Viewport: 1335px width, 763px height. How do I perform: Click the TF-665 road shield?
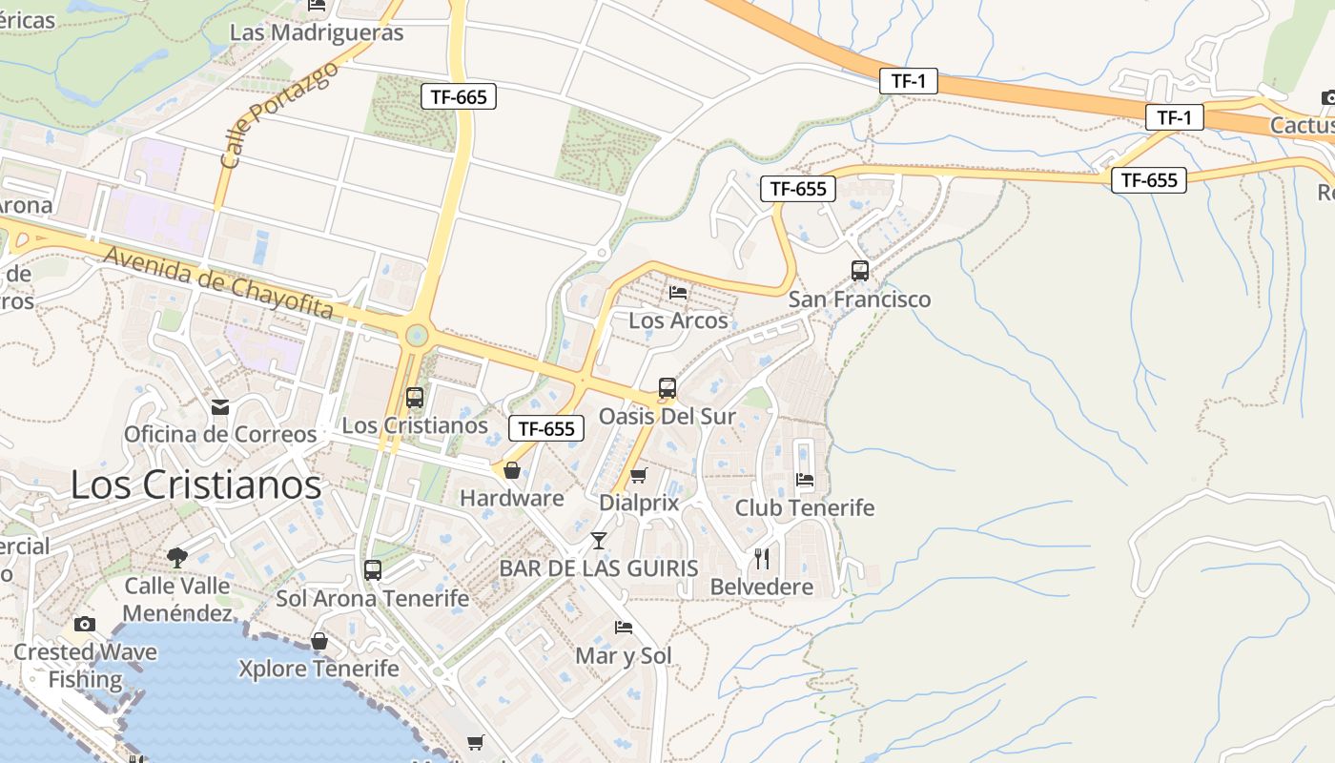click(459, 96)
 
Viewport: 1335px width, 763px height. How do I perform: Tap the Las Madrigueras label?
click(317, 32)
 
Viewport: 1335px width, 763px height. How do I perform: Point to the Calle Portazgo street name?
click(278, 116)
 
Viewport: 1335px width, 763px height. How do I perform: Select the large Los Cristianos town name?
click(195, 485)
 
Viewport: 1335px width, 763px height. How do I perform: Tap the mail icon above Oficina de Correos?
click(220, 408)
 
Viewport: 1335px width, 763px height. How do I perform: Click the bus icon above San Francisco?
click(859, 271)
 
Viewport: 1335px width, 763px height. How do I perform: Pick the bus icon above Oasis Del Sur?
click(667, 388)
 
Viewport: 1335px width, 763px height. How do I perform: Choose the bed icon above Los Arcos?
click(678, 292)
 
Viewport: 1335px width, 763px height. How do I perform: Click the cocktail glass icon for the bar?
click(598, 541)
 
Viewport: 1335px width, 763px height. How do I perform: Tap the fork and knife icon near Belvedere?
click(761, 558)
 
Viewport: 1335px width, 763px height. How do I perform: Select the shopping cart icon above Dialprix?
click(639, 475)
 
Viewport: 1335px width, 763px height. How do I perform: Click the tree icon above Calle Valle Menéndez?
click(176, 557)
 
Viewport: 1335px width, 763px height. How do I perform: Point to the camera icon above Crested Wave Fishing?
click(85, 624)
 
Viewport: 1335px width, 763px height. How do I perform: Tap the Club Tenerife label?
click(804, 507)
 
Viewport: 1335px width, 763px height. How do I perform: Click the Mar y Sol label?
click(624, 655)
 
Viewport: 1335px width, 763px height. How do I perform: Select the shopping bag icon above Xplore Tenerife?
click(319, 641)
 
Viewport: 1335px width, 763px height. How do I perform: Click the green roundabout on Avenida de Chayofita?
click(417, 335)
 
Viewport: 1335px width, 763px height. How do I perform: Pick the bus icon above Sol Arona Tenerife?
click(373, 570)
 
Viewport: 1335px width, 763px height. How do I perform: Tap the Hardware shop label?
click(512, 498)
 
